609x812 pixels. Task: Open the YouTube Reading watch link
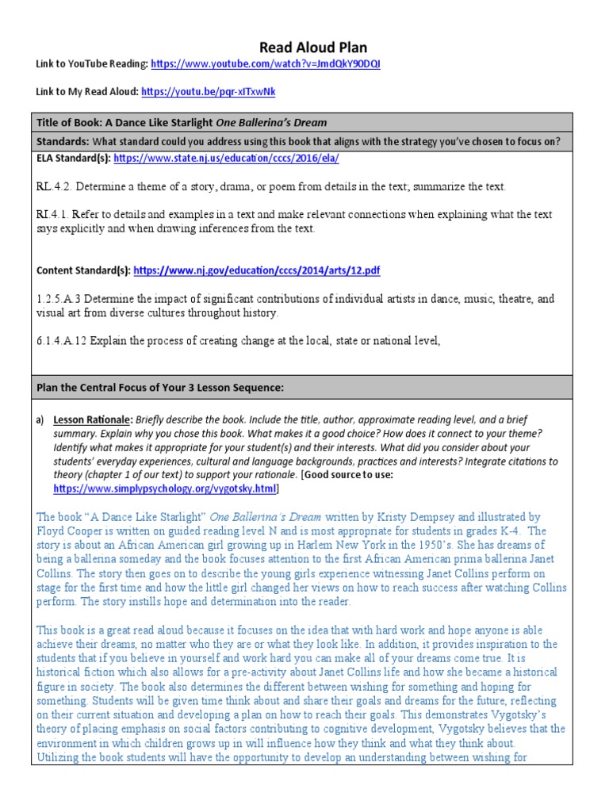265,64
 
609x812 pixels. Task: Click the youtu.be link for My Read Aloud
208,92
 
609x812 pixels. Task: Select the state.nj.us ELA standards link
226,159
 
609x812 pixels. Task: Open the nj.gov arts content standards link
257,270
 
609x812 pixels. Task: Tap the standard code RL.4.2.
53,186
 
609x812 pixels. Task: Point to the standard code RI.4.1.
52,215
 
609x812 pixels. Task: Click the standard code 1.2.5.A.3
59,299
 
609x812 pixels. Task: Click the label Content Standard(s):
83,270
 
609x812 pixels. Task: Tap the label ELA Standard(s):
73,159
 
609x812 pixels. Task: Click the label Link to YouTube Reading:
91,64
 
